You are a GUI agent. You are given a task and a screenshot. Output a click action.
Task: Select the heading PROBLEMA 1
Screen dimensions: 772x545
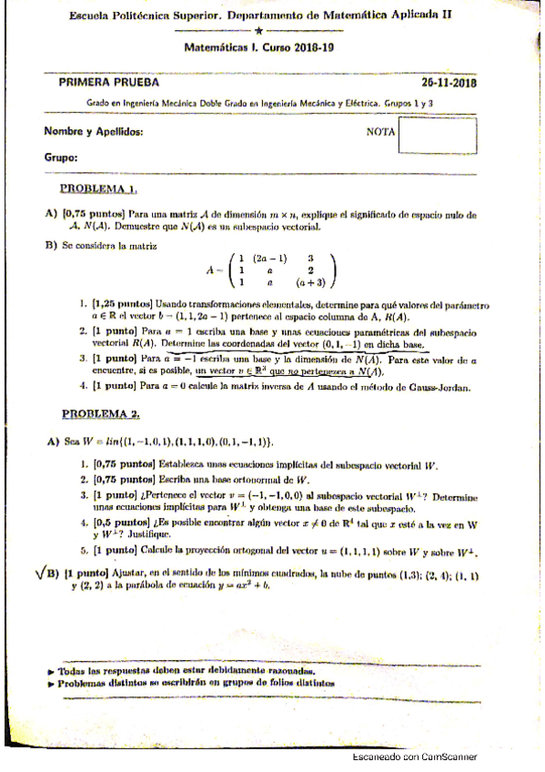tap(98, 188)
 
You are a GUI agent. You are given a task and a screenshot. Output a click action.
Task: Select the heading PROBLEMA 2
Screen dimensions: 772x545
tap(100, 413)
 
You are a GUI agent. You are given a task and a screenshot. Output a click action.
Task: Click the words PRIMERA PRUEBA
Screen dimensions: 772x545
tap(96, 82)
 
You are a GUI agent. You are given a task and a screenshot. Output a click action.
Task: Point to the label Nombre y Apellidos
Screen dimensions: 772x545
tap(94, 132)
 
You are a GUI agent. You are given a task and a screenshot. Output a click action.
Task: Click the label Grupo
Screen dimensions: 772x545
tap(61, 157)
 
